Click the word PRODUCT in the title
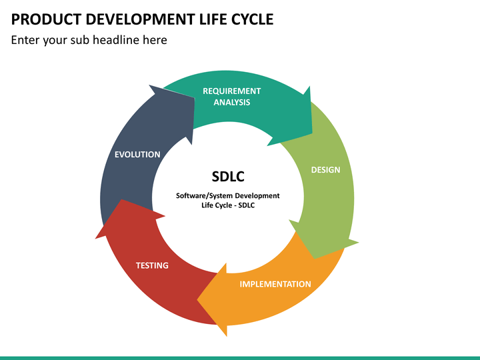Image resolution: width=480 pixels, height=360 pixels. (46, 19)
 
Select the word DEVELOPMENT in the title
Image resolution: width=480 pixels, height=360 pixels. (140, 19)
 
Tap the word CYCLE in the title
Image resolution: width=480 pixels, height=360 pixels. (252, 19)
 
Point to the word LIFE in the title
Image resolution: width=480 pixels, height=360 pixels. (213, 19)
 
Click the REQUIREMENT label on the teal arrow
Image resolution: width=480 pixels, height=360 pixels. (232, 91)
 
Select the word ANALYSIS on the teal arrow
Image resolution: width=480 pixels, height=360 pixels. (232, 102)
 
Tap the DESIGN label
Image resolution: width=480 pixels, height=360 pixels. (325, 170)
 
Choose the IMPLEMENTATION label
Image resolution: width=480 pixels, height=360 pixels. (275, 284)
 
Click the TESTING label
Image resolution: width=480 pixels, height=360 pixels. (152, 265)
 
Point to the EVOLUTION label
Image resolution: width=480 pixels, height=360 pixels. (137, 155)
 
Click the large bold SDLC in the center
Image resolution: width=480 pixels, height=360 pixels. (228, 177)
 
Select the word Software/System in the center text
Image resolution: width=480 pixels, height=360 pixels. (205, 196)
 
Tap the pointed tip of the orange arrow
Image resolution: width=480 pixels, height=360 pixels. (197, 300)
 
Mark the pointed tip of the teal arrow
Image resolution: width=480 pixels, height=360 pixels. (312, 133)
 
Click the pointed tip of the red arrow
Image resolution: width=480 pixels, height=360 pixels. (122, 200)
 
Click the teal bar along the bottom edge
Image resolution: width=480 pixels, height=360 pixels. (240, 358)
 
